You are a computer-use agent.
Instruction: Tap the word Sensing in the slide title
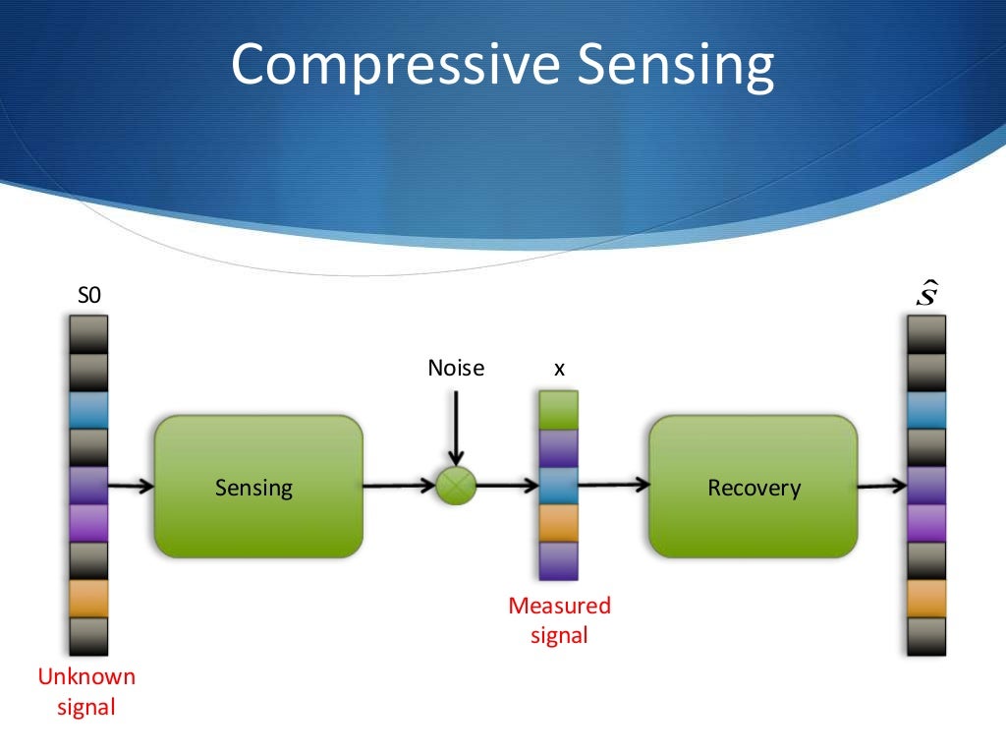[x=675, y=64]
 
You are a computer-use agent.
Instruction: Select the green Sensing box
[x=258, y=487]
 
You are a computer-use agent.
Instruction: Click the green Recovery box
[x=753, y=487]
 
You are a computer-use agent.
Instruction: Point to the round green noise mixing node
[x=456, y=486]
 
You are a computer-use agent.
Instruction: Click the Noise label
[x=456, y=369]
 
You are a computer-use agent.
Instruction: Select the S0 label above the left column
[x=88, y=296]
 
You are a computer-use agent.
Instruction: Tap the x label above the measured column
[x=559, y=369]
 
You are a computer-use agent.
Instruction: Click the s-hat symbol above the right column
[x=925, y=294]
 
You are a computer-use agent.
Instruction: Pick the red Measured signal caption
[x=559, y=620]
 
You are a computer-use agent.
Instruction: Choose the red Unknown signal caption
[x=86, y=691]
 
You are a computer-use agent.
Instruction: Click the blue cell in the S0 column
[x=88, y=410]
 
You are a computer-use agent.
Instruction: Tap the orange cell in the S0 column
[x=88, y=598]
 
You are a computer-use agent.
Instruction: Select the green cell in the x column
[x=559, y=409]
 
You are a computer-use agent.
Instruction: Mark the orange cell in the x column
[x=559, y=523]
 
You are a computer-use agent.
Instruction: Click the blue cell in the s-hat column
[x=925, y=410]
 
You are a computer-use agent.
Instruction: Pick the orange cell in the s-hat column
[x=925, y=598]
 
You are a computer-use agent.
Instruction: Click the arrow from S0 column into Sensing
[x=131, y=486]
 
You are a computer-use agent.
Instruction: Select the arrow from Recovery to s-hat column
[x=881, y=486]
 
